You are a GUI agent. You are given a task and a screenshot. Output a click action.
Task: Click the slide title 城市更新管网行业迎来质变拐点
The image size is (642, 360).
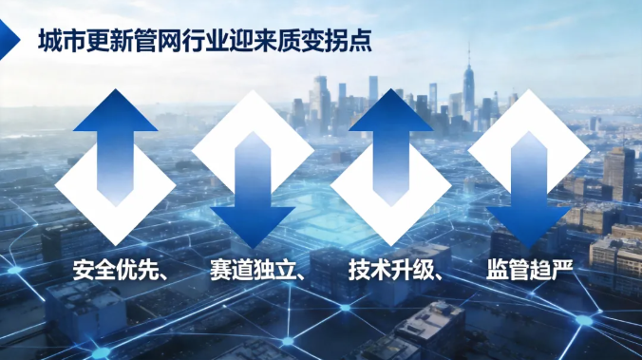(205, 40)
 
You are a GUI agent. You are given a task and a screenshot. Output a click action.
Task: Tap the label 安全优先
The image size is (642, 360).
(116, 270)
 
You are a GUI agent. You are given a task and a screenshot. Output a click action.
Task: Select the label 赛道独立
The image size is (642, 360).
(253, 270)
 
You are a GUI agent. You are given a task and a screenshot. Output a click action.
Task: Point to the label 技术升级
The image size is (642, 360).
(391, 270)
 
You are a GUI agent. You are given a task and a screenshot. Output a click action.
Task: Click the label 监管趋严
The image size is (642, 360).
(529, 270)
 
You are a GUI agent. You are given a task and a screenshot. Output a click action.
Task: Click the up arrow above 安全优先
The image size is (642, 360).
(116, 147)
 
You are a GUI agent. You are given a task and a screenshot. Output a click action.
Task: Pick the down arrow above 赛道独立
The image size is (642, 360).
(253, 190)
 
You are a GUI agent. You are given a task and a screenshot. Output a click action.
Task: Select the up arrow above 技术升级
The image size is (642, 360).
(391, 147)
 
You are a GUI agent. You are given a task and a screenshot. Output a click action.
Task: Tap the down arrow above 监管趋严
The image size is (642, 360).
(529, 190)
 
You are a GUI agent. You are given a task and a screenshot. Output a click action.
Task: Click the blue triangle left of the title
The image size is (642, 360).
(9, 40)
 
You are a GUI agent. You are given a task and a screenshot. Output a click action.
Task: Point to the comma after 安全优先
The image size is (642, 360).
(163, 276)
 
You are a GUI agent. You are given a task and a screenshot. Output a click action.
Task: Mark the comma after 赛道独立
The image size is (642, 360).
(301, 276)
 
